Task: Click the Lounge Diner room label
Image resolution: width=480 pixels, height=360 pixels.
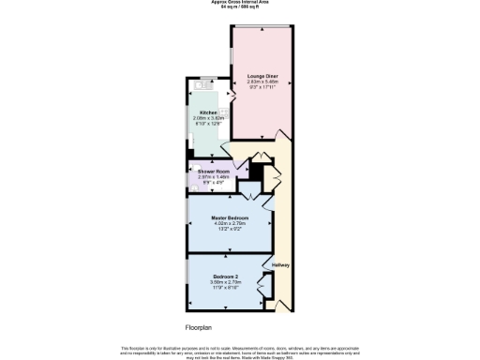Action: pos(262,75)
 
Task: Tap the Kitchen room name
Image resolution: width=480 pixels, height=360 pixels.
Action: pos(208,112)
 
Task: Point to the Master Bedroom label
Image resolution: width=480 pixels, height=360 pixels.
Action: pos(229,217)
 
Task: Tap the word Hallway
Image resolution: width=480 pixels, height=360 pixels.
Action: pos(280,265)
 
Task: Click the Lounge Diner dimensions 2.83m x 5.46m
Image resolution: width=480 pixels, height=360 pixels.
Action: pos(262,82)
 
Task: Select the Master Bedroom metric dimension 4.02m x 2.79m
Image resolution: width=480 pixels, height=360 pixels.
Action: pos(229,223)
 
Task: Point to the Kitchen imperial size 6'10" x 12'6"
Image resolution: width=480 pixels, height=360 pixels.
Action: pos(208,124)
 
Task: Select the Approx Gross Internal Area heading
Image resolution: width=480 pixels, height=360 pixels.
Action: pos(239,3)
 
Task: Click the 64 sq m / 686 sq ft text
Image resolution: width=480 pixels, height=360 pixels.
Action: pos(239,7)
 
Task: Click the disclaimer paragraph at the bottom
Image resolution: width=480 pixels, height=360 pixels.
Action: pos(239,351)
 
